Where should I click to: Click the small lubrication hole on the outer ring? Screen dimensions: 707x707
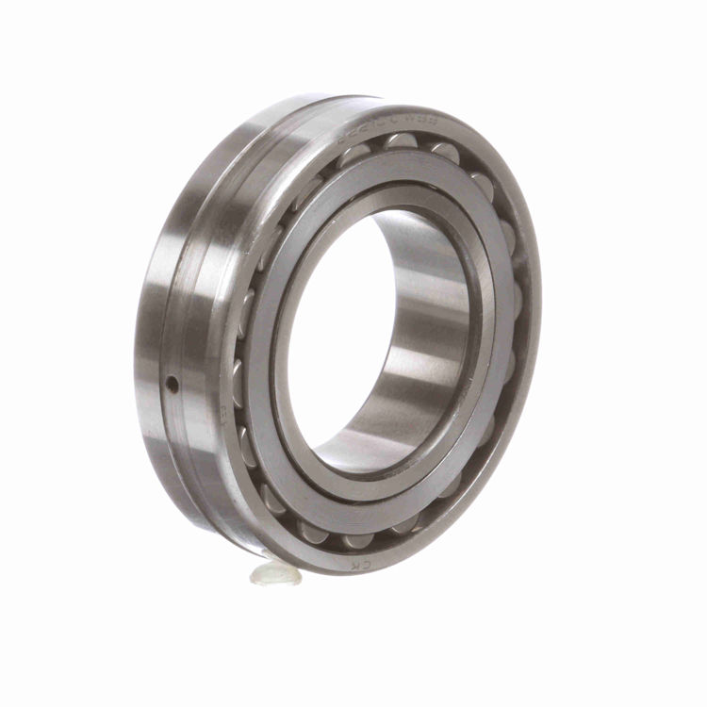173,382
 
